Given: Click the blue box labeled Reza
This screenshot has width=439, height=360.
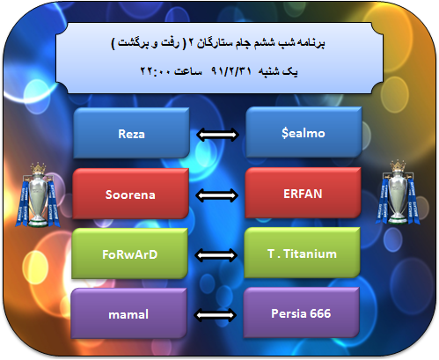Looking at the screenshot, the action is (x=131, y=133).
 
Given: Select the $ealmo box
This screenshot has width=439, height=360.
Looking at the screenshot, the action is (x=304, y=132).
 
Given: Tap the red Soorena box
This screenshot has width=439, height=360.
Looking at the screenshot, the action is (x=130, y=194).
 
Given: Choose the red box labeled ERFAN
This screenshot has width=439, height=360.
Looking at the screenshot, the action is (x=303, y=193).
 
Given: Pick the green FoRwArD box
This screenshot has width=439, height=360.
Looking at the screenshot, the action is (x=129, y=253).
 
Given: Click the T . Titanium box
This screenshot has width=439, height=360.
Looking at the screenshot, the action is (x=302, y=253).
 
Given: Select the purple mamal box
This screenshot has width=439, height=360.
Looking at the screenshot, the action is (x=128, y=313).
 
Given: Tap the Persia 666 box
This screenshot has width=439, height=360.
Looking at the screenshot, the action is (x=301, y=312).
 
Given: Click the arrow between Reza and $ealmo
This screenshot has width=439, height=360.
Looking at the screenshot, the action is (x=217, y=135).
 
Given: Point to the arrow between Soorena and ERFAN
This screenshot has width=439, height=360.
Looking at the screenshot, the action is (x=216, y=195).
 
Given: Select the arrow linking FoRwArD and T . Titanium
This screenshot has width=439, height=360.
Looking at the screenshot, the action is (x=216, y=255).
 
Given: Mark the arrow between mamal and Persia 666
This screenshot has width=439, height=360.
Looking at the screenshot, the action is (x=215, y=315).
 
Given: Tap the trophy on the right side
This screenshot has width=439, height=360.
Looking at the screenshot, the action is (x=398, y=193).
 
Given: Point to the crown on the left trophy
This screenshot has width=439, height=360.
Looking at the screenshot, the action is (x=38, y=168).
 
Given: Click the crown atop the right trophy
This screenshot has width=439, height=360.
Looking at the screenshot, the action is (x=398, y=165).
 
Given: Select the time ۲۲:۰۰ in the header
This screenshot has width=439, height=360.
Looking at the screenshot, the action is (x=155, y=71).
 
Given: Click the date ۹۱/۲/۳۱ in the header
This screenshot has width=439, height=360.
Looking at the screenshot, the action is (x=231, y=71).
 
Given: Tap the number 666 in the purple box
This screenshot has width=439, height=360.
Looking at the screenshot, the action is (x=320, y=313).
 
